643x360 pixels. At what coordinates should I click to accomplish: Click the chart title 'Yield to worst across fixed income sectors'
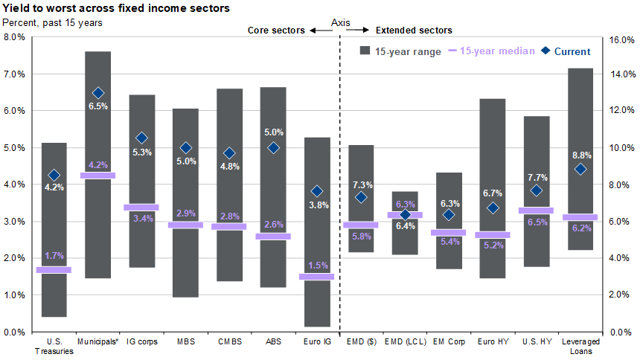115,8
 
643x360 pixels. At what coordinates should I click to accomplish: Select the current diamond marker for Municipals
98,93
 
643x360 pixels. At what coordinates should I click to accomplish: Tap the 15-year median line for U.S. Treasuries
54,270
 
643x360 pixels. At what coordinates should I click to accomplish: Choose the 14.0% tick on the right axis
623,74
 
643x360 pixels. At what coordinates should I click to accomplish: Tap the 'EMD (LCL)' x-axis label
405,342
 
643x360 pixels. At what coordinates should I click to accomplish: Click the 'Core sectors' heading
276,30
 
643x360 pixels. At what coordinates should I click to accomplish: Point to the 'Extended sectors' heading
414,30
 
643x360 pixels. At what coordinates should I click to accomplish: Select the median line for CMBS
229,226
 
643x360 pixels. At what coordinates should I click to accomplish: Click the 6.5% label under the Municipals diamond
98,106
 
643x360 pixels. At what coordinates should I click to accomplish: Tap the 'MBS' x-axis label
185,342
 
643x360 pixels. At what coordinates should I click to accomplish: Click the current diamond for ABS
273,147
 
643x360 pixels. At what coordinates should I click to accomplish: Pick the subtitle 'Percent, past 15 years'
54,22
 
